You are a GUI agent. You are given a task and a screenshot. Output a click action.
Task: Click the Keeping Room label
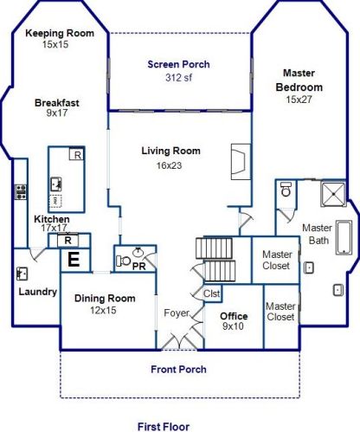[60, 33]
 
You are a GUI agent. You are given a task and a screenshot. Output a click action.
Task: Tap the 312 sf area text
[179, 78]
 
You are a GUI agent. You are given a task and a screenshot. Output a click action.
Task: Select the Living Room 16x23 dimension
[169, 165]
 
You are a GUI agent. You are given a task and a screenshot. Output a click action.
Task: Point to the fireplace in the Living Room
[241, 162]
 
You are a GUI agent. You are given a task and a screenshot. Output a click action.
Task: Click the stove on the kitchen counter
[21, 192]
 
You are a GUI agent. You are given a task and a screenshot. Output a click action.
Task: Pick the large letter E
[74, 260]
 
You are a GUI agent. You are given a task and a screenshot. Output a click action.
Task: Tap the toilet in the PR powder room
[123, 261]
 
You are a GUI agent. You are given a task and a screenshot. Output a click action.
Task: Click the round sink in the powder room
[138, 252]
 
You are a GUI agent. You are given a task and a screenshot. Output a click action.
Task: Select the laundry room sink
[22, 274]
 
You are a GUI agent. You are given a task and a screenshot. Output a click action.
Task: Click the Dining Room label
[105, 298]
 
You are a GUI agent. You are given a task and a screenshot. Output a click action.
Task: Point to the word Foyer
[177, 313]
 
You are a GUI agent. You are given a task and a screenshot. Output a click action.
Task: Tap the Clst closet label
[212, 293]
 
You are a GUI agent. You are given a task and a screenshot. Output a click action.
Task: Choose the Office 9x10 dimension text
[233, 326]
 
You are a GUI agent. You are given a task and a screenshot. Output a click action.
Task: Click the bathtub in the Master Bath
[344, 237]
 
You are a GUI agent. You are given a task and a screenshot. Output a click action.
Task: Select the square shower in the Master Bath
[333, 194]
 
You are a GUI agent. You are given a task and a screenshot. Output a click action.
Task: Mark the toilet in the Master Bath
[286, 190]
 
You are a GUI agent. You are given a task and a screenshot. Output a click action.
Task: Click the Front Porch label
[178, 370]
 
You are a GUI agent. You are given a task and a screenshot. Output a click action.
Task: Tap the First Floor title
[164, 427]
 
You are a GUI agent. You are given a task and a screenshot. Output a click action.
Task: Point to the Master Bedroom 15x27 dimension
[299, 100]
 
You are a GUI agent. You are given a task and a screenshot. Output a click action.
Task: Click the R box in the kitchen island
[77, 155]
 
